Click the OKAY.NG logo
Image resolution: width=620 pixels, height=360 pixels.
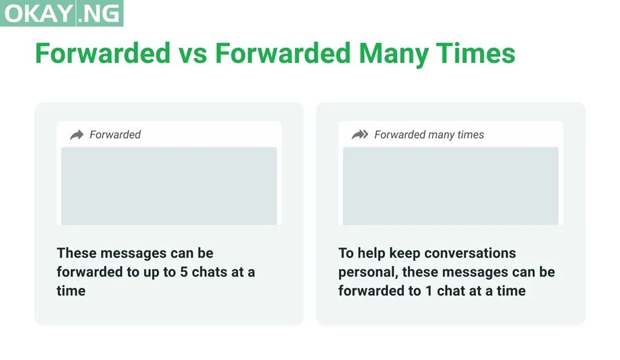coord(62,13)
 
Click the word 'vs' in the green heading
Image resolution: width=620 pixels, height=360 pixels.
coord(192,53)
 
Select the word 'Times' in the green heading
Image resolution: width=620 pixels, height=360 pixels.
coord(476,53)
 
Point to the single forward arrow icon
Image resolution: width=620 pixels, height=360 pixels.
coord(77,135)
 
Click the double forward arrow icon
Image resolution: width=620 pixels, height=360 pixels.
coord(360,135)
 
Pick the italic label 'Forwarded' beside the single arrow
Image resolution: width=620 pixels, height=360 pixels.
coord(115,135)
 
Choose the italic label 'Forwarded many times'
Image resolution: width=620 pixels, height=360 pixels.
coord(429,135)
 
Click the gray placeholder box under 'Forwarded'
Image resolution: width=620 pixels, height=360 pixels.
coord(169,186)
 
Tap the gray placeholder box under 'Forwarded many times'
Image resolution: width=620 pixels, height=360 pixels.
coord(450,186)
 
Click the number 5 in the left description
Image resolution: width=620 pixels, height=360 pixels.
coord(184,272)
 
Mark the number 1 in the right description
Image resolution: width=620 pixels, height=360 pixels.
coord(429,291)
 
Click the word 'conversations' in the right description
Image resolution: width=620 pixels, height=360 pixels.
coord(470,253)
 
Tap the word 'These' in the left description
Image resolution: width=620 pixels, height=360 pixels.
coord(76,253)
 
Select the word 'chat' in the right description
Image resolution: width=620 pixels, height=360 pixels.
coord(450,291)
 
